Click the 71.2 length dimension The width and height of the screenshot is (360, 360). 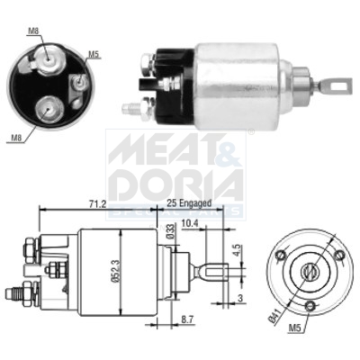pyautogui.click(x=96, y=204)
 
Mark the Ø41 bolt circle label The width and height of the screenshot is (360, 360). pyautogui.click(x=273, y=314)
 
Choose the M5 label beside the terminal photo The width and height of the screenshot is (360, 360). pyautogui.click(x=94, y=54)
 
